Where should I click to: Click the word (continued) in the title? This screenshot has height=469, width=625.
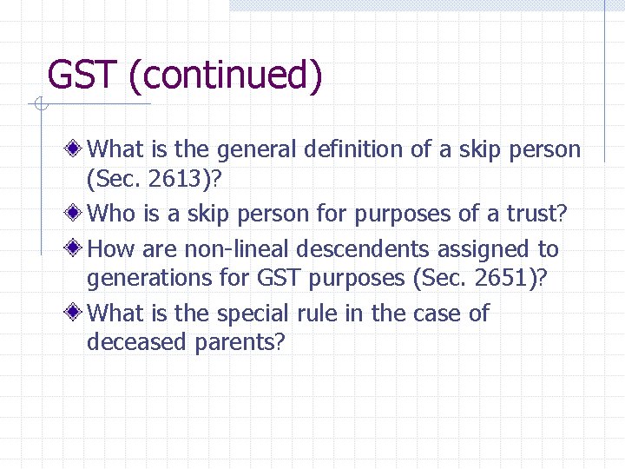pyautogui.click(x=226, y=76)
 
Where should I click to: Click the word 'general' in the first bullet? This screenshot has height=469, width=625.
pyautogui.click(x=257, y=149)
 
